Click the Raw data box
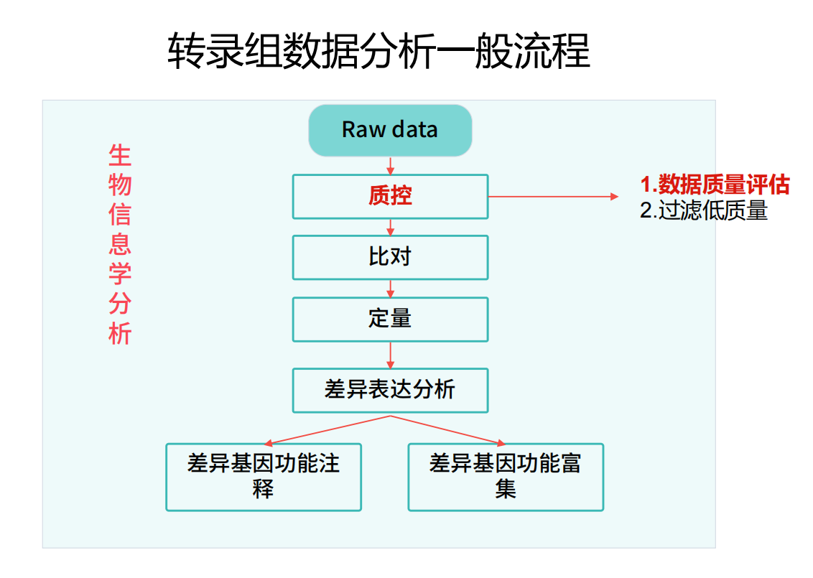(390, 130)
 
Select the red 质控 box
(390, 197)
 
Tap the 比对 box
(390, 258)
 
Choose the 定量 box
(390, 320)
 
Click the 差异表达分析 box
(390, 391)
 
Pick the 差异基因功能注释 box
(264, 477)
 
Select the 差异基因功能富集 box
(506, 477)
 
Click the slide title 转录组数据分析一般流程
(378, 51)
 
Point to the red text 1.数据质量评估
(715, 185)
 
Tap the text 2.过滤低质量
(704, 210)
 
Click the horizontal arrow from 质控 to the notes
(553, 197)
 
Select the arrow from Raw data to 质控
(391, 165)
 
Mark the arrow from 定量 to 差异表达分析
(391, 355)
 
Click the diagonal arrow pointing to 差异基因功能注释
(327, 430)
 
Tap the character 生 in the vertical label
(120, 156)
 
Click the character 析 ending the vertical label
(120, 333)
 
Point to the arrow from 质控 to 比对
(391, 228)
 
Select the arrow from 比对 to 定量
(391, 289)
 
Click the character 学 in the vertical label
(120, 274)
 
